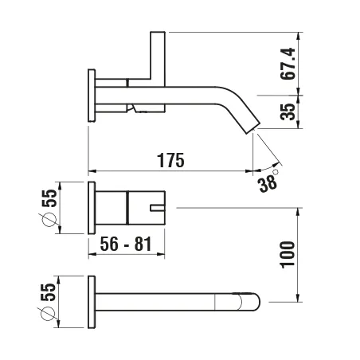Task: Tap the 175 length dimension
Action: click(170, 159)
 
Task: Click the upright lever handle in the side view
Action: click(158, 56)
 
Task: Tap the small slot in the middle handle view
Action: click(157, 209)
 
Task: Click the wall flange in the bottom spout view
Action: click(92, 300)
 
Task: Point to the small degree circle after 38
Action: click(276, 170)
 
